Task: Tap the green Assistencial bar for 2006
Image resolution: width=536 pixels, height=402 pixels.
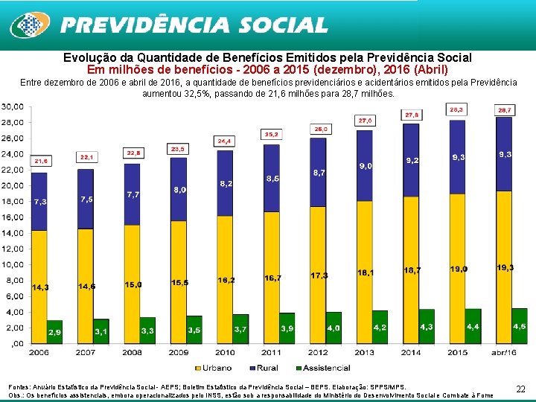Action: coord(55,331)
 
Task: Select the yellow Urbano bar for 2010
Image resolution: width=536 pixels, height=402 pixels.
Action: coord(225,279)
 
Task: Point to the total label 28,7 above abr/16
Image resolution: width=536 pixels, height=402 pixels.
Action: coord(504,109)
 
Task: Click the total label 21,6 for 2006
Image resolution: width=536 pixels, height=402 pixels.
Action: coord(39,160)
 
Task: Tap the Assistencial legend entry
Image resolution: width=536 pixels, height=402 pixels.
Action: coord(322,367)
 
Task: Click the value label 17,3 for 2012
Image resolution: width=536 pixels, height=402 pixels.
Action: coord(319,275)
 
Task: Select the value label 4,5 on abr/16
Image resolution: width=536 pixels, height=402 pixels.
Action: coord(519,327)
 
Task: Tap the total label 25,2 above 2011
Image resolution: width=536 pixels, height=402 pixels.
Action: coord(272,134)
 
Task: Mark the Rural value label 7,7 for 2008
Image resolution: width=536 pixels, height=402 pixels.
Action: coord(133,194)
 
